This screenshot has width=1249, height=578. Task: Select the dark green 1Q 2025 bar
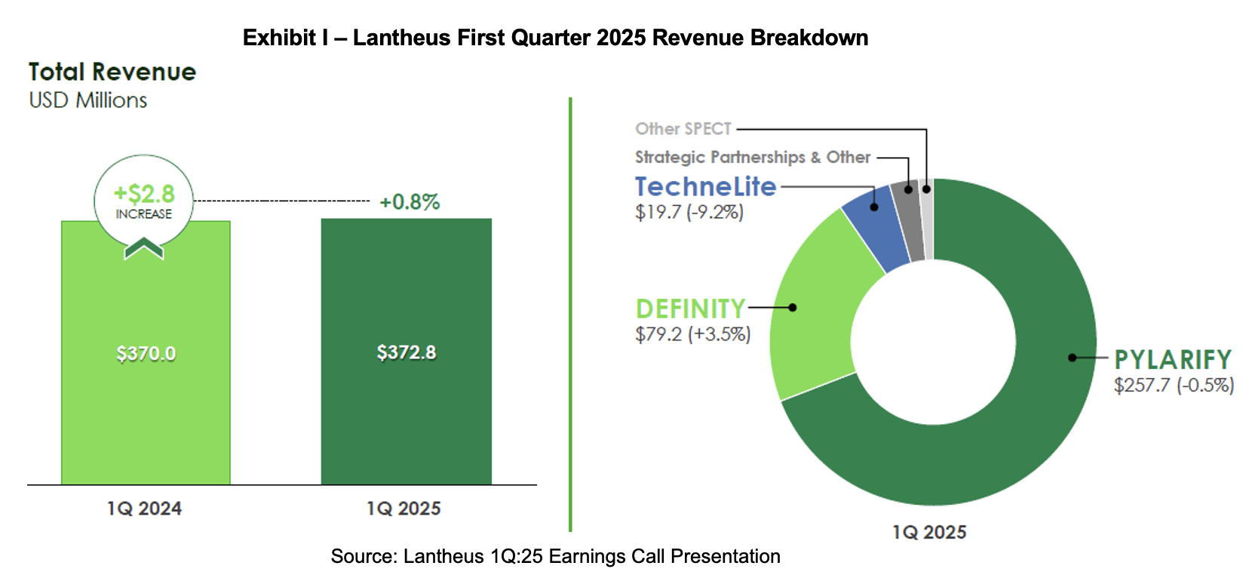pos(406,423)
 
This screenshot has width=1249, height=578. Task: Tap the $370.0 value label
pos(146,353)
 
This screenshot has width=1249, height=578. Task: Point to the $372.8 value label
pos(406,352)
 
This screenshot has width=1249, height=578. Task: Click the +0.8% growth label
pos(409,202)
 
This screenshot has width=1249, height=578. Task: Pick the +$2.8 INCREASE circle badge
pos(144,201)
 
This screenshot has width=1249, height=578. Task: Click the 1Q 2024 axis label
pos(144,509)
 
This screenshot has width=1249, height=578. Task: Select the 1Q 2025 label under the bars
pos(404,509)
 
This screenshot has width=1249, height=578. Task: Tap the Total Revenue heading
pos(112,72)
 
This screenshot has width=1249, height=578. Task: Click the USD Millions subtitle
pos(88,100)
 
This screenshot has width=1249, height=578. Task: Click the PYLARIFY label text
pos(1172,360)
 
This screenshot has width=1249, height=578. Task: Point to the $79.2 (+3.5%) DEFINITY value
pos(692,334)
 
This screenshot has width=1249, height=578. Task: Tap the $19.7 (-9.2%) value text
pos(689,212)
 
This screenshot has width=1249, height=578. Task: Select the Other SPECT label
pos(683,129)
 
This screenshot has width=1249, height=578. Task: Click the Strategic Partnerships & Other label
pos(752,157)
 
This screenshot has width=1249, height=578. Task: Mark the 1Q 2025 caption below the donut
pos(928,533)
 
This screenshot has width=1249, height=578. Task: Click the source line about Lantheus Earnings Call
pos(555,557)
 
